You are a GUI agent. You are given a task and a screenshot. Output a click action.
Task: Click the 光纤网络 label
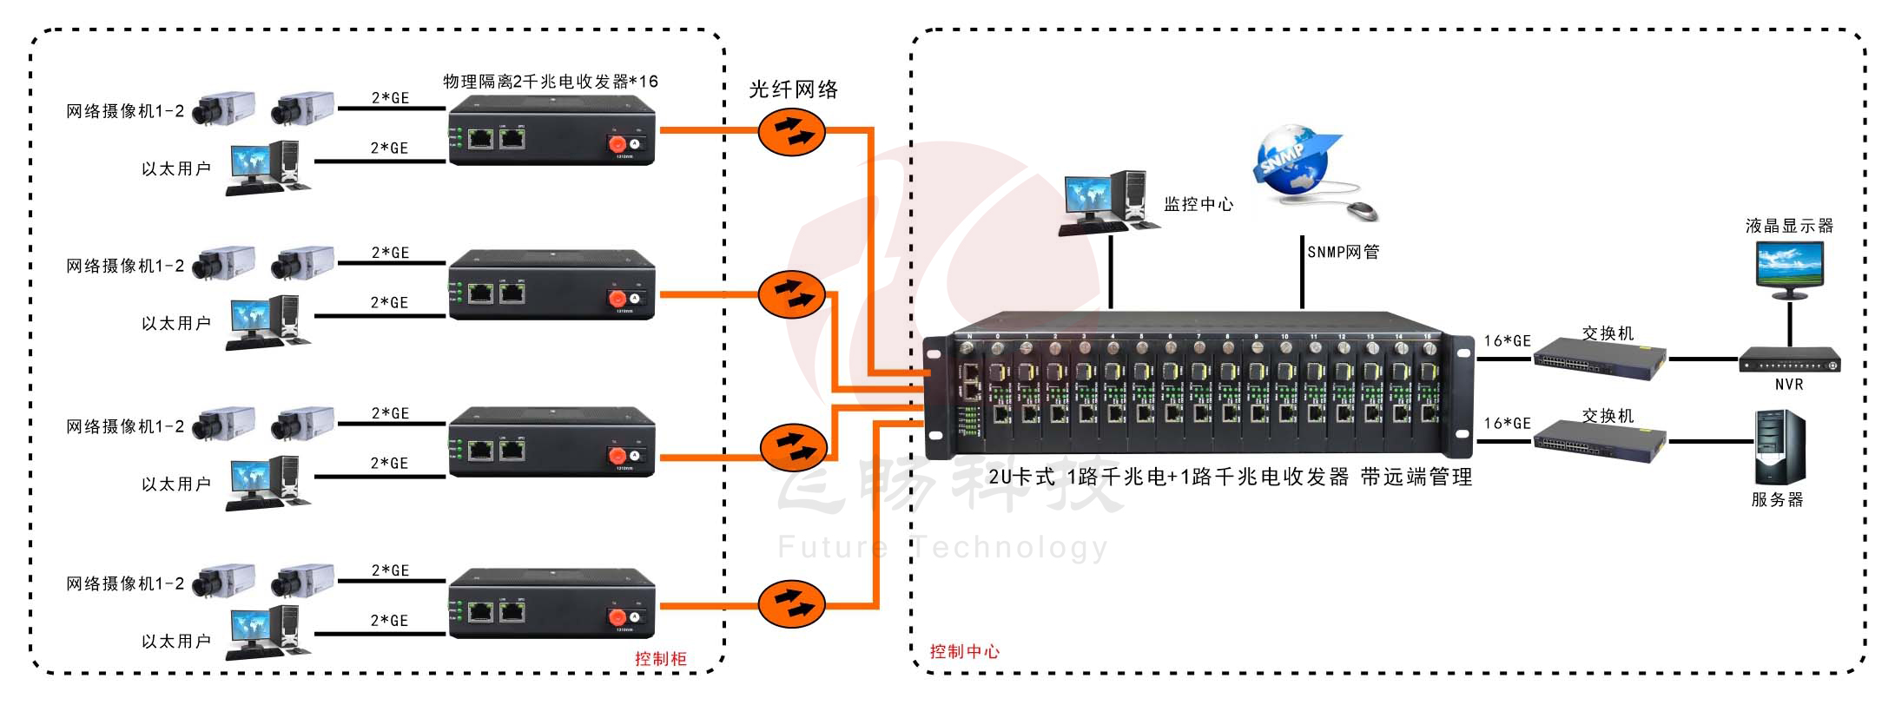[x=793, y=89]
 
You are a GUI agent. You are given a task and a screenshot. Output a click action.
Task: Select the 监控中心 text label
[x=1198, y=205]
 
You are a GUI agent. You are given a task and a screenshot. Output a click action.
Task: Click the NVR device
[x=1789, y=360]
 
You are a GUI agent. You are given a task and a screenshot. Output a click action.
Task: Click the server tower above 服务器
[x=1779, y=447]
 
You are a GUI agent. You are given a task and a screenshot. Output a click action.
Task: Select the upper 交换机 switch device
[x=1599, y=359]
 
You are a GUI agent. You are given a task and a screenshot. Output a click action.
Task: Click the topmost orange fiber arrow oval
[x=791, y=132]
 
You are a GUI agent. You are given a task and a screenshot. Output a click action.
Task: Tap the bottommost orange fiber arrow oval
[x=791, y=603]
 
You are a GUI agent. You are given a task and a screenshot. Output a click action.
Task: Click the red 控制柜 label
[x=660, y=659]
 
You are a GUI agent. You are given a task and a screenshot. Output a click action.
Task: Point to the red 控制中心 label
[x=964, y=652]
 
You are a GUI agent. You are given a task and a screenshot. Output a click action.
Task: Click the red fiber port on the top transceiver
[x=617, y=143]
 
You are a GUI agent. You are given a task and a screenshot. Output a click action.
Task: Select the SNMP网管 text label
[x=1344, y=253]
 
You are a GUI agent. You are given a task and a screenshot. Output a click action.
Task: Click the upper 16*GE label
[x=1507, y=341]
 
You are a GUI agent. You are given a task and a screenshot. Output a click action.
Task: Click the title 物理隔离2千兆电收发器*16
[x=551, y=82]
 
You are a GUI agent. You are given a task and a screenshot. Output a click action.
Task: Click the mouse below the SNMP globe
[x=1361, y=210]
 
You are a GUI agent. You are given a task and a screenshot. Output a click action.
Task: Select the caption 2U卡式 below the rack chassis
[x=1021, y=477]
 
